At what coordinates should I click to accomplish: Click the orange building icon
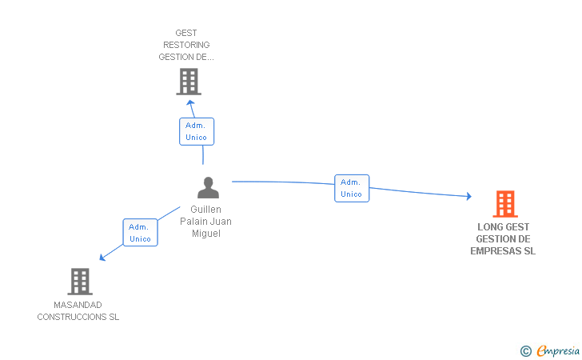pyautogui.click(x=505, y=204)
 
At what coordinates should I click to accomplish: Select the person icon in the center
pyautogui.click(x=208, y=188)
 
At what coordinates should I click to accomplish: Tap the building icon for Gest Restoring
pyautogui.click(x=189, y=82)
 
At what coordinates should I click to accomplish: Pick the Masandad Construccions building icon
pyautogui.click(x=79, y=281)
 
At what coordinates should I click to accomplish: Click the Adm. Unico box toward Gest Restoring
pyautogui.click(x=196, y=131)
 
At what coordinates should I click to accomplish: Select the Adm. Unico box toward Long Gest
pyautogui.click(x=351, y=188)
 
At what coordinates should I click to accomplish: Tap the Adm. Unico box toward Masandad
pyautogui.click(x=140, y=233)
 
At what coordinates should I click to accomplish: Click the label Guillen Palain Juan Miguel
pyautogui.click(x=205, y=222)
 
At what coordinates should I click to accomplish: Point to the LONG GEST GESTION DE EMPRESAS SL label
pyautogui.click(x=504, y=238)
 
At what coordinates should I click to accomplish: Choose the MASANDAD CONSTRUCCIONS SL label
pyautogui.click(x=78, y=310)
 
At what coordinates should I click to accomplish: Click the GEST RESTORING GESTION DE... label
pyautogui.click(x=186, y=45)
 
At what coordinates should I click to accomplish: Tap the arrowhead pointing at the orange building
pyautogui.click(x=468, y=196)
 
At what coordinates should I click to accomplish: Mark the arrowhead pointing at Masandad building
pyautogui.click(x=102, y=258)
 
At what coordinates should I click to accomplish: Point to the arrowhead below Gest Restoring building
pyautogui.click(x=189, y=102)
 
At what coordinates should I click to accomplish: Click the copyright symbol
pyautogui.click(x=525, y=350)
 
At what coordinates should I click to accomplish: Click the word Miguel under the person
pyautogui.click(x=205, y=234)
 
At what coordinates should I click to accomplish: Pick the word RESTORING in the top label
pyautogui.click(x=186, y=45)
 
